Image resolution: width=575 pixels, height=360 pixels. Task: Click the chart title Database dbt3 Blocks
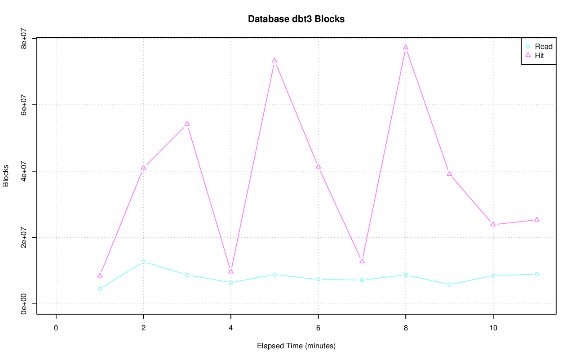pos(296,19)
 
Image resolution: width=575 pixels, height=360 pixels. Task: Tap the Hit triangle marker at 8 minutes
pos(406,47)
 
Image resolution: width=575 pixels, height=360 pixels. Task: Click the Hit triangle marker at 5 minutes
pos(274,61)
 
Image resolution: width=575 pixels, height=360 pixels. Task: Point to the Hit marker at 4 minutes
pos(231,271)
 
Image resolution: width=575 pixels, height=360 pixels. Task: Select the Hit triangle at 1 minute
pos(100,276)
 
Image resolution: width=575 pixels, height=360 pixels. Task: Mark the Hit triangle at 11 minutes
pos(537,220)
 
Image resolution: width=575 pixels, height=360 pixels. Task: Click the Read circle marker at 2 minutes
pos(143,262)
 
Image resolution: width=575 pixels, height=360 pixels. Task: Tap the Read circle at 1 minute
pos(100,289)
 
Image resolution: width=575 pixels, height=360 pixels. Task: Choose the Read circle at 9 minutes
pos(449,284)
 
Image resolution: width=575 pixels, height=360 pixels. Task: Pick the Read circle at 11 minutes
pos(537,274)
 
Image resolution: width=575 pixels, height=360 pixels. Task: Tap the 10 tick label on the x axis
pos(493,328)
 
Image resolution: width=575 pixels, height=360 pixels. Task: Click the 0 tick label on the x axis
pos(56,328)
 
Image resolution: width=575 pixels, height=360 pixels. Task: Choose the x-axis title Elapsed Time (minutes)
pos(296,346)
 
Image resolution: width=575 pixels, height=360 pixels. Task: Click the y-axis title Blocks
pos(6,176)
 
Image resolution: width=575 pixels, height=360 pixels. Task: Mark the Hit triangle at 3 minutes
pos(187,124)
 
